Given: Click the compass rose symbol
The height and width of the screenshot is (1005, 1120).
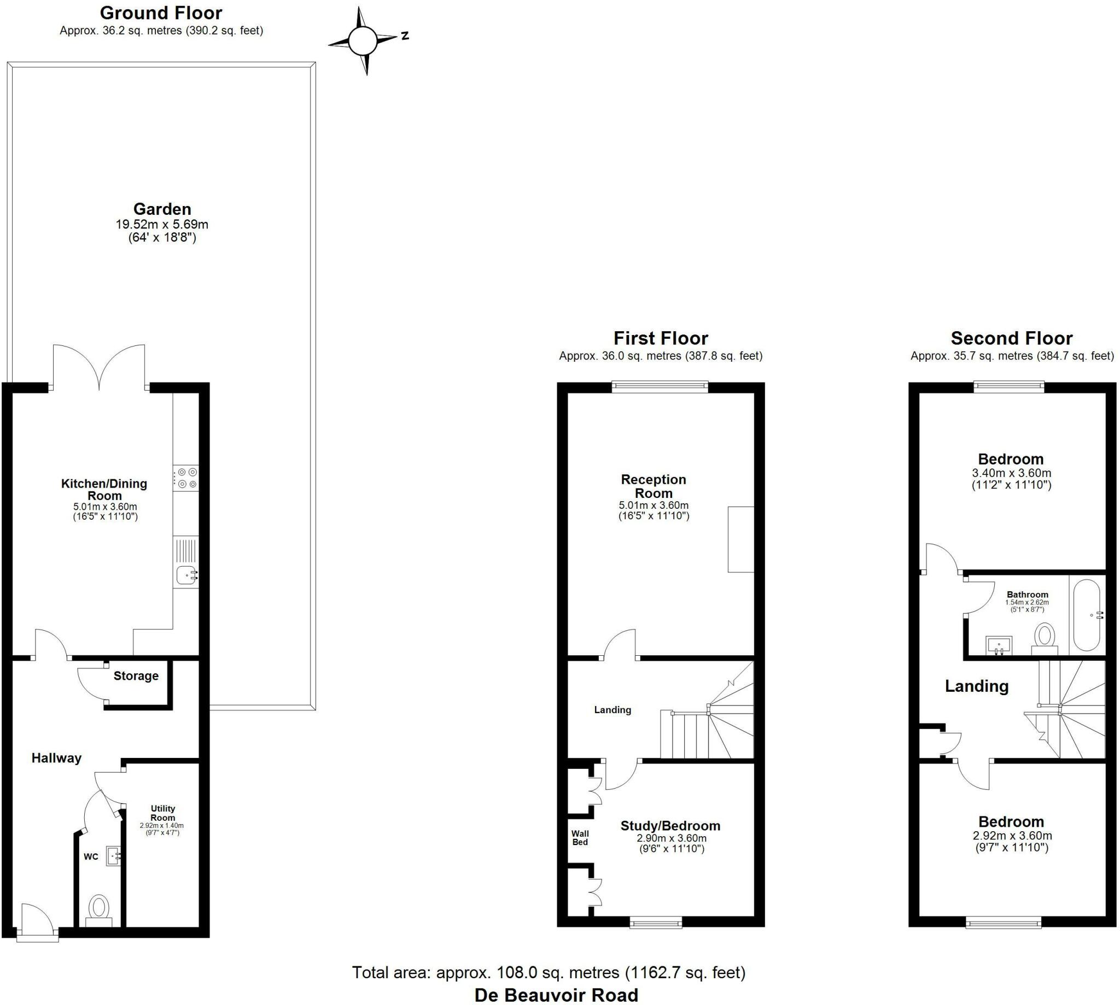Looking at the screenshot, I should [x=362, y=40].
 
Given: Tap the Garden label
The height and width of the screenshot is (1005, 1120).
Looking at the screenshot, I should [x=162, y=209].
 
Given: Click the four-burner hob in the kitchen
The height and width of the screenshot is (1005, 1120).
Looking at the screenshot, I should [x=186, y=478].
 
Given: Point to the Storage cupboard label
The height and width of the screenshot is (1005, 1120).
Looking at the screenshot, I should [x=136, y=676].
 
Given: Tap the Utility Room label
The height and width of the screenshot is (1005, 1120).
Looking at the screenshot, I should [x=162, y=813].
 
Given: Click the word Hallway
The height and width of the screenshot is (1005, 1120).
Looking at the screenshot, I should [x=56, y=758].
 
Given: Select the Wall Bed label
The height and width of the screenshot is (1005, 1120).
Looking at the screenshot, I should [x=580, y=838].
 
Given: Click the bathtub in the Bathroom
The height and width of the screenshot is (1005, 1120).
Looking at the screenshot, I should [x=1086, y=615].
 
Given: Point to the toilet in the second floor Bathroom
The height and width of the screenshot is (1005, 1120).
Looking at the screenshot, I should [x=1045, y=637].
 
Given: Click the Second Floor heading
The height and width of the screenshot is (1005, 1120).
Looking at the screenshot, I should [x=1011, y=338].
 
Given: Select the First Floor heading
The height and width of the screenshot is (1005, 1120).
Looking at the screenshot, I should [x=660, y=338].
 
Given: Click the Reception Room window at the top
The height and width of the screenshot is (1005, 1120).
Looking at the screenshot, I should [x=660, y=386].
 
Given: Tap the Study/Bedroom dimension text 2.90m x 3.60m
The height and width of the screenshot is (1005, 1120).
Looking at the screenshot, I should [x=672, y=838].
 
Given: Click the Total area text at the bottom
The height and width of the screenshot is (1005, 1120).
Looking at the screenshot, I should [x=549, y=972].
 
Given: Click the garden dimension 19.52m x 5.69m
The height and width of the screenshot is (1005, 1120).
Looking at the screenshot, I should [x=162, y=224].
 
